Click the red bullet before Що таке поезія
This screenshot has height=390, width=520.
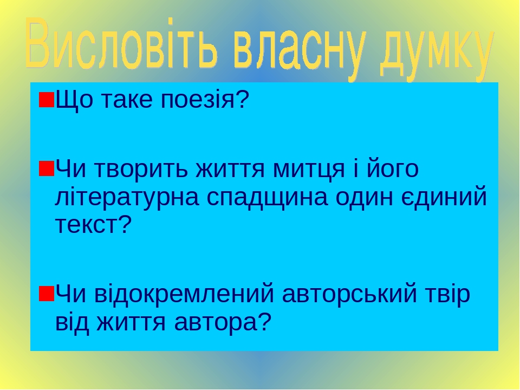coord(47,100)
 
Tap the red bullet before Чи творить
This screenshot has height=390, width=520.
coord(47,168)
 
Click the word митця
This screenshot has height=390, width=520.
coord(309,169)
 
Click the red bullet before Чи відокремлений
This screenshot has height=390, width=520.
coord(47,294)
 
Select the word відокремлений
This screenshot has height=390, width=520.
coord(184,294)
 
